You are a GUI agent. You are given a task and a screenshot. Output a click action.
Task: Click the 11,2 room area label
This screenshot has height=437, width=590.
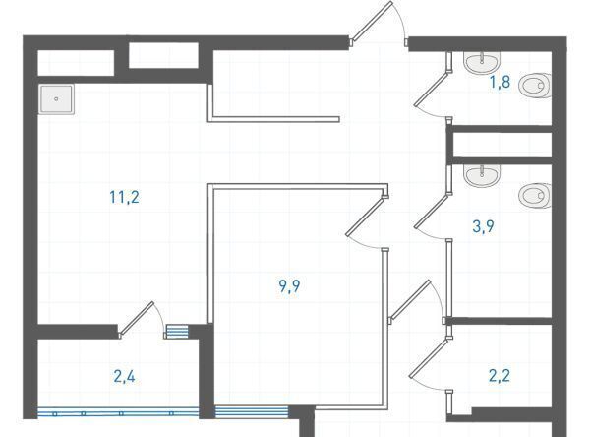click(x=124, y=197)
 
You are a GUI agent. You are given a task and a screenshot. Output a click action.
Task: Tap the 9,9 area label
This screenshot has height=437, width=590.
click(x=289, y=286)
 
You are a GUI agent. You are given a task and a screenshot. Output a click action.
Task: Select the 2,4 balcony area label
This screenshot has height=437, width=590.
click(x=124, y=376)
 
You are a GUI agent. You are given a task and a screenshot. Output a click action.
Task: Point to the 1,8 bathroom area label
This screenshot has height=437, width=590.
click(x=500, y=82)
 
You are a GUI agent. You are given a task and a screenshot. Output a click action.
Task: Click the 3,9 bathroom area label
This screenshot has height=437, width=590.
click(x=483, y=226)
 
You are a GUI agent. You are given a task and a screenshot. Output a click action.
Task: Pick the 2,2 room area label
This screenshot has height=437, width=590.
click(x=500, y=376)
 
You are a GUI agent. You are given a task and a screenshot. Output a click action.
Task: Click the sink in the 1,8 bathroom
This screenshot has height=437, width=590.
click(x=482, y=63)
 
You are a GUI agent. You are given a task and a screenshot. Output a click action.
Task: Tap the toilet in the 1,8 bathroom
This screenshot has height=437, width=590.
click(x=535, y=86)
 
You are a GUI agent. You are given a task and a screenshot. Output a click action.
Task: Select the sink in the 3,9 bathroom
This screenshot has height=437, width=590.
click(x=482, y=175)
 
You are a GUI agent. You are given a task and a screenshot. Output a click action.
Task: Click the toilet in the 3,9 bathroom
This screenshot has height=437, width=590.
click(x=535, y=196)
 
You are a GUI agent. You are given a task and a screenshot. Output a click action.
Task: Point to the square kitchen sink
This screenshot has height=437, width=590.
click(x=56, y=99)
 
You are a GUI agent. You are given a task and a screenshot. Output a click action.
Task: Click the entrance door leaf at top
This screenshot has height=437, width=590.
click(x=372, y=21)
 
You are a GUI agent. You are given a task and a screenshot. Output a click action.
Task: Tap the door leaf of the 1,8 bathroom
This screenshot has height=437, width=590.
click(x=432, y=89)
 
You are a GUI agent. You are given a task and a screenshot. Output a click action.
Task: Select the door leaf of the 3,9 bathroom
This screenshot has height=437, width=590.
click(x=432, y=211)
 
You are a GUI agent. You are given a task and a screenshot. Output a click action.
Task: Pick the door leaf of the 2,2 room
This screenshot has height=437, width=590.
click(x=429, y=357)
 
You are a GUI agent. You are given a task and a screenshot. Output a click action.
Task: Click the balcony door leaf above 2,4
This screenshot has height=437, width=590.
click(x=137, y=318)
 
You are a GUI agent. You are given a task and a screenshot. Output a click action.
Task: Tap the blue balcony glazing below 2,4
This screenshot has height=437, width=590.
click(x=118, y=413)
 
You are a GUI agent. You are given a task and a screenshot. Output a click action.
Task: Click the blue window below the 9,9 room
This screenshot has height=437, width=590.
click(x=252, y=411)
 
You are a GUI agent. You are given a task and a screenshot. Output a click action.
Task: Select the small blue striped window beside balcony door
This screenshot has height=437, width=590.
click(x=177, y=332)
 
